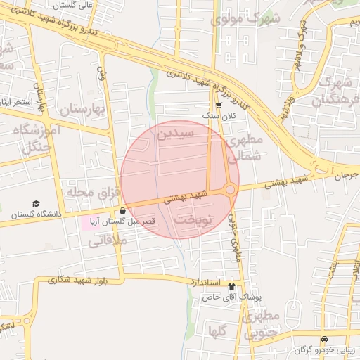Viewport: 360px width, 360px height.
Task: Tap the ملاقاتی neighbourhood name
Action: point(106,240)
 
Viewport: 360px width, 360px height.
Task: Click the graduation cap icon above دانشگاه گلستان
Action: point(35,203)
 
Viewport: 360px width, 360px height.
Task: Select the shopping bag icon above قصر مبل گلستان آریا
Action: point(123,210)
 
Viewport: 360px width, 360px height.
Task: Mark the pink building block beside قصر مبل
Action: point(91,222)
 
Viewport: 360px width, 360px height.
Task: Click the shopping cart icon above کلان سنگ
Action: point(219,104)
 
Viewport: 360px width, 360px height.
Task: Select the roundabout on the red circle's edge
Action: point(230,189)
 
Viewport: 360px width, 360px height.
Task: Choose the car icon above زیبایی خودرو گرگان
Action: point(324,340)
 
